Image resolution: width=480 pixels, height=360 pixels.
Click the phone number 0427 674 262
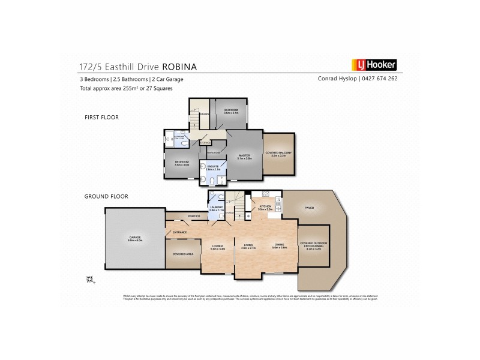point(379,79)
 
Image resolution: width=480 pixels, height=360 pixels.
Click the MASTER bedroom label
point(244,155)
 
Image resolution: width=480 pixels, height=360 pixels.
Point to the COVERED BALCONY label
point(280,154)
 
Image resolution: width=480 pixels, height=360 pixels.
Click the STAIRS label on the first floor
point(204,112)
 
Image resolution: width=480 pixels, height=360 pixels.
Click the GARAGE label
point(134,238)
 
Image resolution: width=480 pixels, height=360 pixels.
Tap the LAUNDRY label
point(217,208)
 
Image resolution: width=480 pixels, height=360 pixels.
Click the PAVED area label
point(309,209)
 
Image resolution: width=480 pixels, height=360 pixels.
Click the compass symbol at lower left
point(91,278)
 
